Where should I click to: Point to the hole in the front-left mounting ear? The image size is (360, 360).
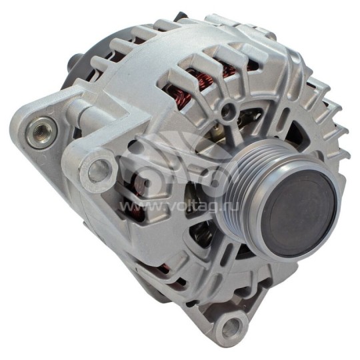(99, 166)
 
